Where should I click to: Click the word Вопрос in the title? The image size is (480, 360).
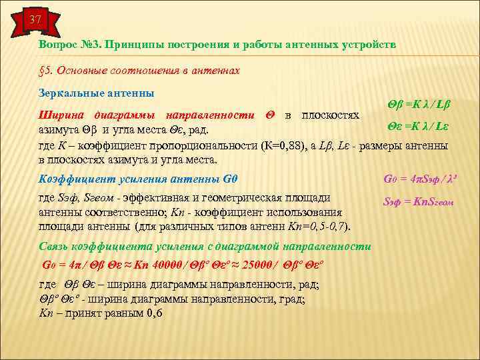tap(59, 44)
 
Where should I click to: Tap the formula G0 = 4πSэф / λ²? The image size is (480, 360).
tap(414, 179)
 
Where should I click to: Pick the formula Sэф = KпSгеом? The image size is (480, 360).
tap(418, 201)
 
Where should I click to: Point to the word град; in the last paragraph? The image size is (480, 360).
tap(291, 299)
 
